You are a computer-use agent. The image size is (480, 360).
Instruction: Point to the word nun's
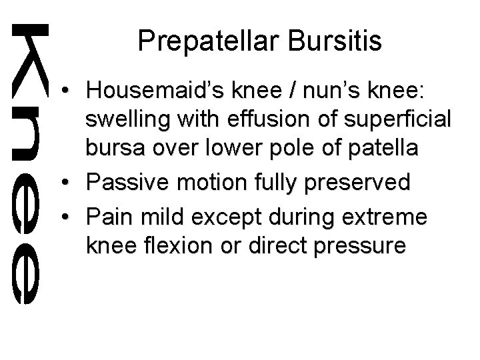300,90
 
